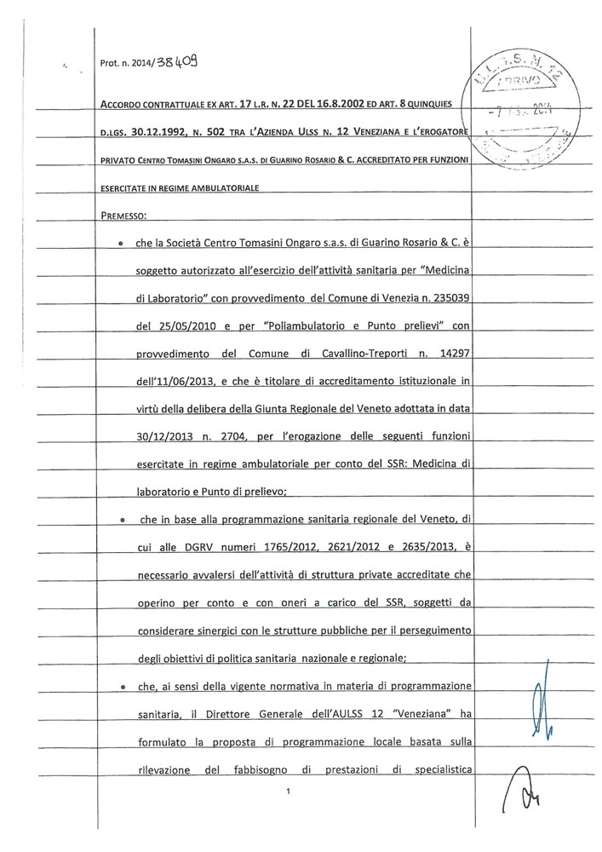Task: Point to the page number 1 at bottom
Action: [x=289, y=792]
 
